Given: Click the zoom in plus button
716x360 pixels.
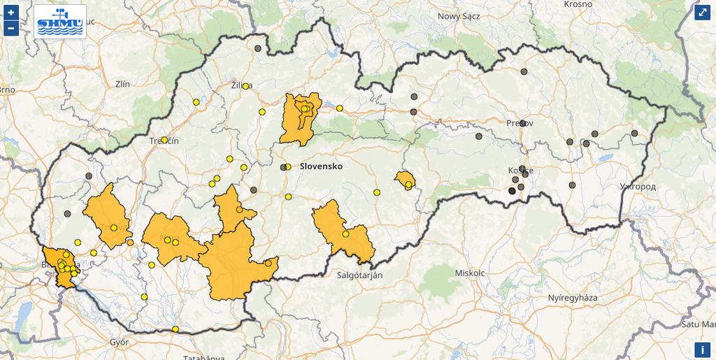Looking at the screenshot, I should [11, 13].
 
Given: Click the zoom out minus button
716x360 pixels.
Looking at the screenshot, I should [11, 28].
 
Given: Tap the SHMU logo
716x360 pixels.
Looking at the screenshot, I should [60, 21].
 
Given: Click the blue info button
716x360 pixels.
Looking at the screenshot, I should [702, 350].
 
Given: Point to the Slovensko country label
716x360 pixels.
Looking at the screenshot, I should [321, 167].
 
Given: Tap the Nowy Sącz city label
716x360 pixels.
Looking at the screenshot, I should [459, 16].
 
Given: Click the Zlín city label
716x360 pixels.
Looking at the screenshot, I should [122, 84].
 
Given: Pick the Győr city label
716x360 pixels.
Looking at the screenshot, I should [119, 343].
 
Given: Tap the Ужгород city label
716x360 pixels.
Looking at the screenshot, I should [638, 187].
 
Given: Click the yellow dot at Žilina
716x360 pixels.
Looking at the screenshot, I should [245, 86].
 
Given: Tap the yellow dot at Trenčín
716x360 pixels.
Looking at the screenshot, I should [164, 140].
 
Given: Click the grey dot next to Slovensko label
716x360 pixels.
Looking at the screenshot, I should [283, 167].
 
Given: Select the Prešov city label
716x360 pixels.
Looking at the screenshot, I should [520, 123].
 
